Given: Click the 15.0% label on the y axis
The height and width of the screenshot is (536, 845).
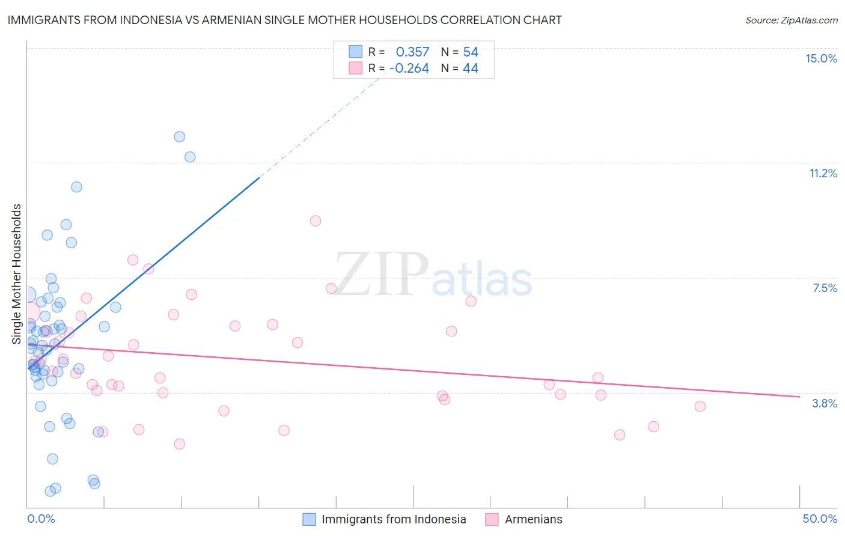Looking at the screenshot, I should pos(821,58).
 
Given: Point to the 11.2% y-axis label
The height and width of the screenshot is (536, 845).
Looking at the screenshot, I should pos(823,173).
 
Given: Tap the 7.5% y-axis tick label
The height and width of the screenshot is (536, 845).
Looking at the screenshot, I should pos(825,288).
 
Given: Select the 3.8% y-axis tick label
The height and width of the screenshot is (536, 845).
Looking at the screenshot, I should pos(825,403).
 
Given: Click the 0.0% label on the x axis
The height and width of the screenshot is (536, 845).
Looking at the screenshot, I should pos(41,519).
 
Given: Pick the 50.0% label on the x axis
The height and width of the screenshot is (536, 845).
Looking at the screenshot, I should pos(820,519).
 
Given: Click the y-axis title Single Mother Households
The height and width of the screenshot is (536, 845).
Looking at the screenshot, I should pos(16,274).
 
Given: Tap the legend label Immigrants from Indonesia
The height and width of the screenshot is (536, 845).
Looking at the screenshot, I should pos(394,519).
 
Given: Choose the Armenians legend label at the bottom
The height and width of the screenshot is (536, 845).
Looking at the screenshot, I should pos(534,519).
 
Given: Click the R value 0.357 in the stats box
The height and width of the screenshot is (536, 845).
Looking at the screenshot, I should pos(412,52).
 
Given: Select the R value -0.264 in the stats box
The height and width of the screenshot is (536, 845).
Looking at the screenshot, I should pos(409,69).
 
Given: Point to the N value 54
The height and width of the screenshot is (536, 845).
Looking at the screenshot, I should pos(471,52).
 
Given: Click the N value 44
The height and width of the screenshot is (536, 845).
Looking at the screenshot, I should pos(471,69).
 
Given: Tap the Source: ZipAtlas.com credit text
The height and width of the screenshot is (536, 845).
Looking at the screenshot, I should pos(792,20).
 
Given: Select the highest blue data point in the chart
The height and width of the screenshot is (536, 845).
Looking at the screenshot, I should pos(179,136).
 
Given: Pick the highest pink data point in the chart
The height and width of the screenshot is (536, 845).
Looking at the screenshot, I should pos(316,221).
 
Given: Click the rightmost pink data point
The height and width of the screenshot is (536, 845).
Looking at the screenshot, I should pos(700,406).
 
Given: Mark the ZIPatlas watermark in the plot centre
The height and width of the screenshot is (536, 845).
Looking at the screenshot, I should pos(433,275).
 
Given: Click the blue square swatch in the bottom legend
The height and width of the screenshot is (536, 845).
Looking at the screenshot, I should pos(309,519).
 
